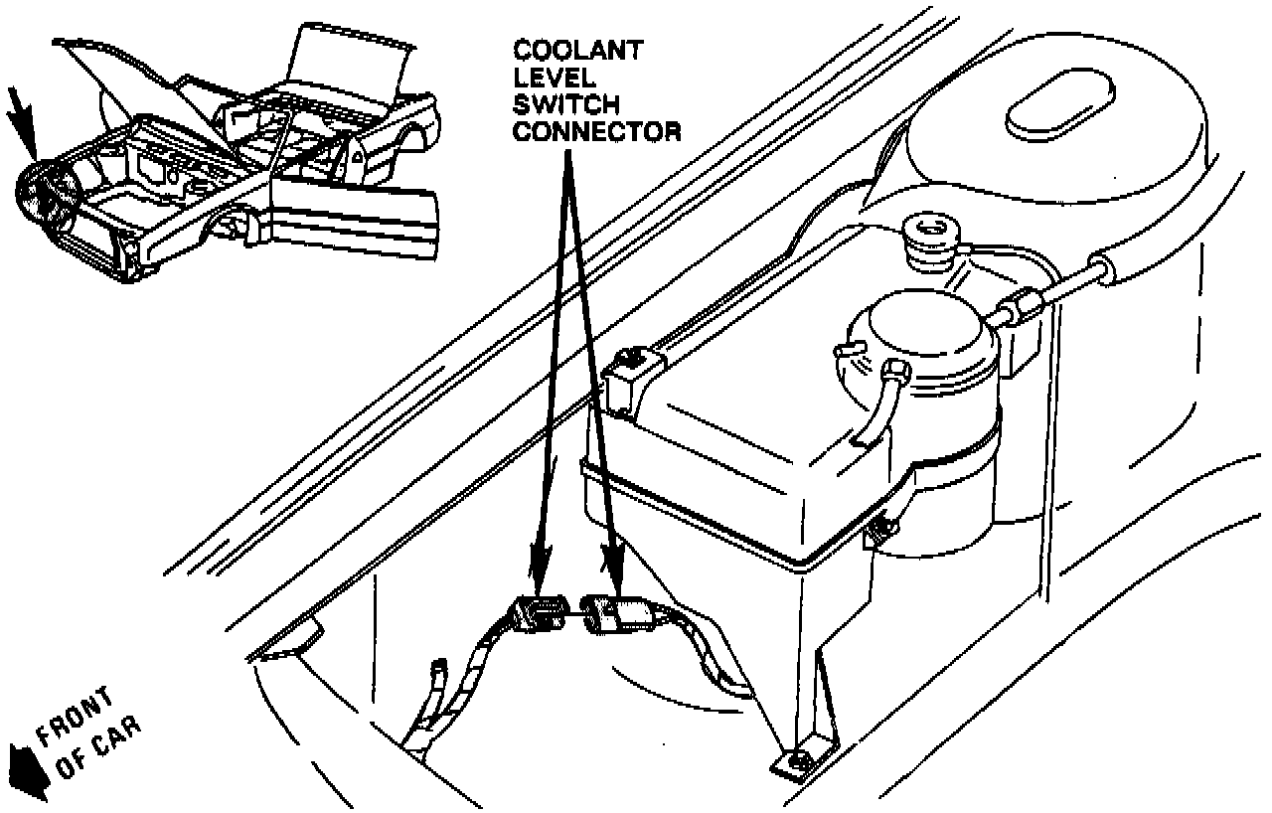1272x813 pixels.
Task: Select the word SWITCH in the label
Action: click(x=564, y=104)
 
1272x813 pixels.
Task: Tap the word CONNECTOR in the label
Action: click(x=595, y=131)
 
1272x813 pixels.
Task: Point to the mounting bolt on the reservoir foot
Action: click(x=797, y=762)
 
